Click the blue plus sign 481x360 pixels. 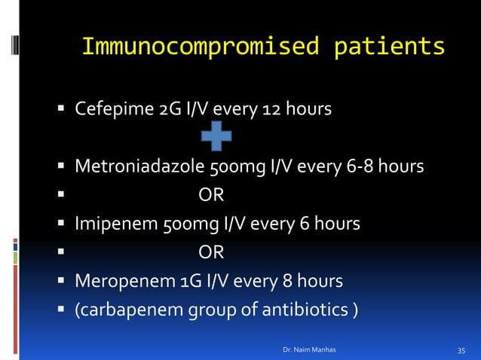click(216, 138)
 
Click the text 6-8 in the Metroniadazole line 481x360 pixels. click(369, 166)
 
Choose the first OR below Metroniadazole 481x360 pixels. click(211, 195)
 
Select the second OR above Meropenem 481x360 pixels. click(211, 252)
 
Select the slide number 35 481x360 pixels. click(462, 350)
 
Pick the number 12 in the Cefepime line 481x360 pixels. click(271, 110)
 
